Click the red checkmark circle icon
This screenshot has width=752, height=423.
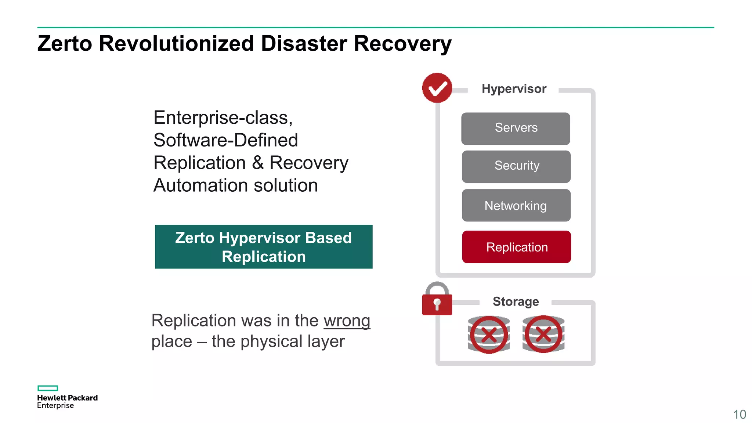click(437, 88)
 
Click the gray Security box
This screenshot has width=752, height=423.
click(516, 166)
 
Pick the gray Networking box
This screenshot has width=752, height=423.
click(516, 205)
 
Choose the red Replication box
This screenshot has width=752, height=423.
click(516, 247)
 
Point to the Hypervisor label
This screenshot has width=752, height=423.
click(514, 89)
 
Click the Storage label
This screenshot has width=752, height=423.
click(516, 301)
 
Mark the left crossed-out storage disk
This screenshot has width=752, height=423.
click(489, 334)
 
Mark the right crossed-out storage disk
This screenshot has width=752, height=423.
click(543, 334)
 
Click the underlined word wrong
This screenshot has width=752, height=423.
click(347, 321)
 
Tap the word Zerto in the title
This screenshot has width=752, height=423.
click(65, 43)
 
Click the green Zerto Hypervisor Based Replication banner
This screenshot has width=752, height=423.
click(264, 247)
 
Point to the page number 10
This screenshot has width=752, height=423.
click(740, 414)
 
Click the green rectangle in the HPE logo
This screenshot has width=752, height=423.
click(48, 388)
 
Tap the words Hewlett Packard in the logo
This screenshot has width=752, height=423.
click(67, 398)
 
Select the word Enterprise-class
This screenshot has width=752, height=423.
click(223, 118)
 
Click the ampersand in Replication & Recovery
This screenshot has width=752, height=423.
click(258, 163)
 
